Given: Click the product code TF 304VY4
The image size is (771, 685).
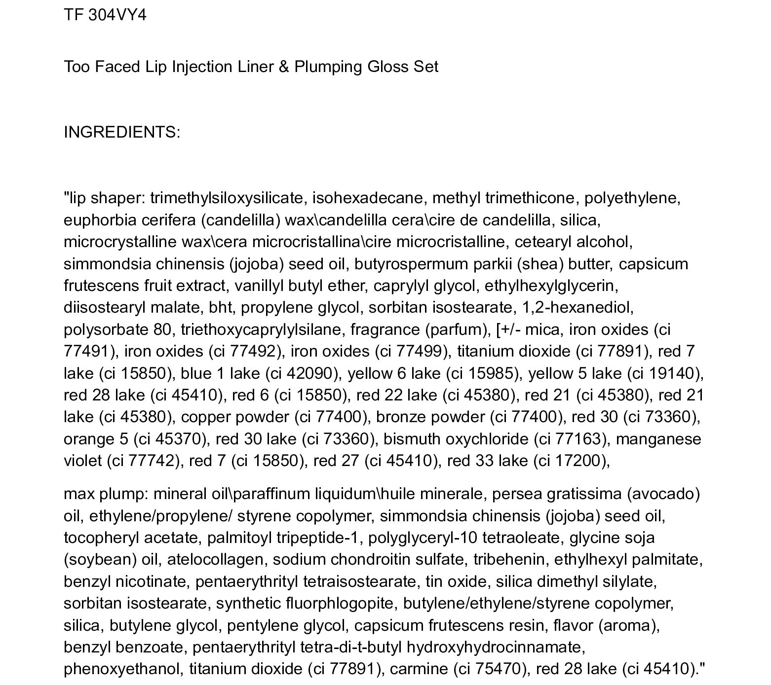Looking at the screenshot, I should (x=105, y=15).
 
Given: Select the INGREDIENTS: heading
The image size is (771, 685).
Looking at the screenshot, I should (x=122, y=132).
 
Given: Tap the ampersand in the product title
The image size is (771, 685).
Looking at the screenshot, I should (x=283, y=67).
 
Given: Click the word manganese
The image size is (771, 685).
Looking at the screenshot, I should (x=658, y=439).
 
